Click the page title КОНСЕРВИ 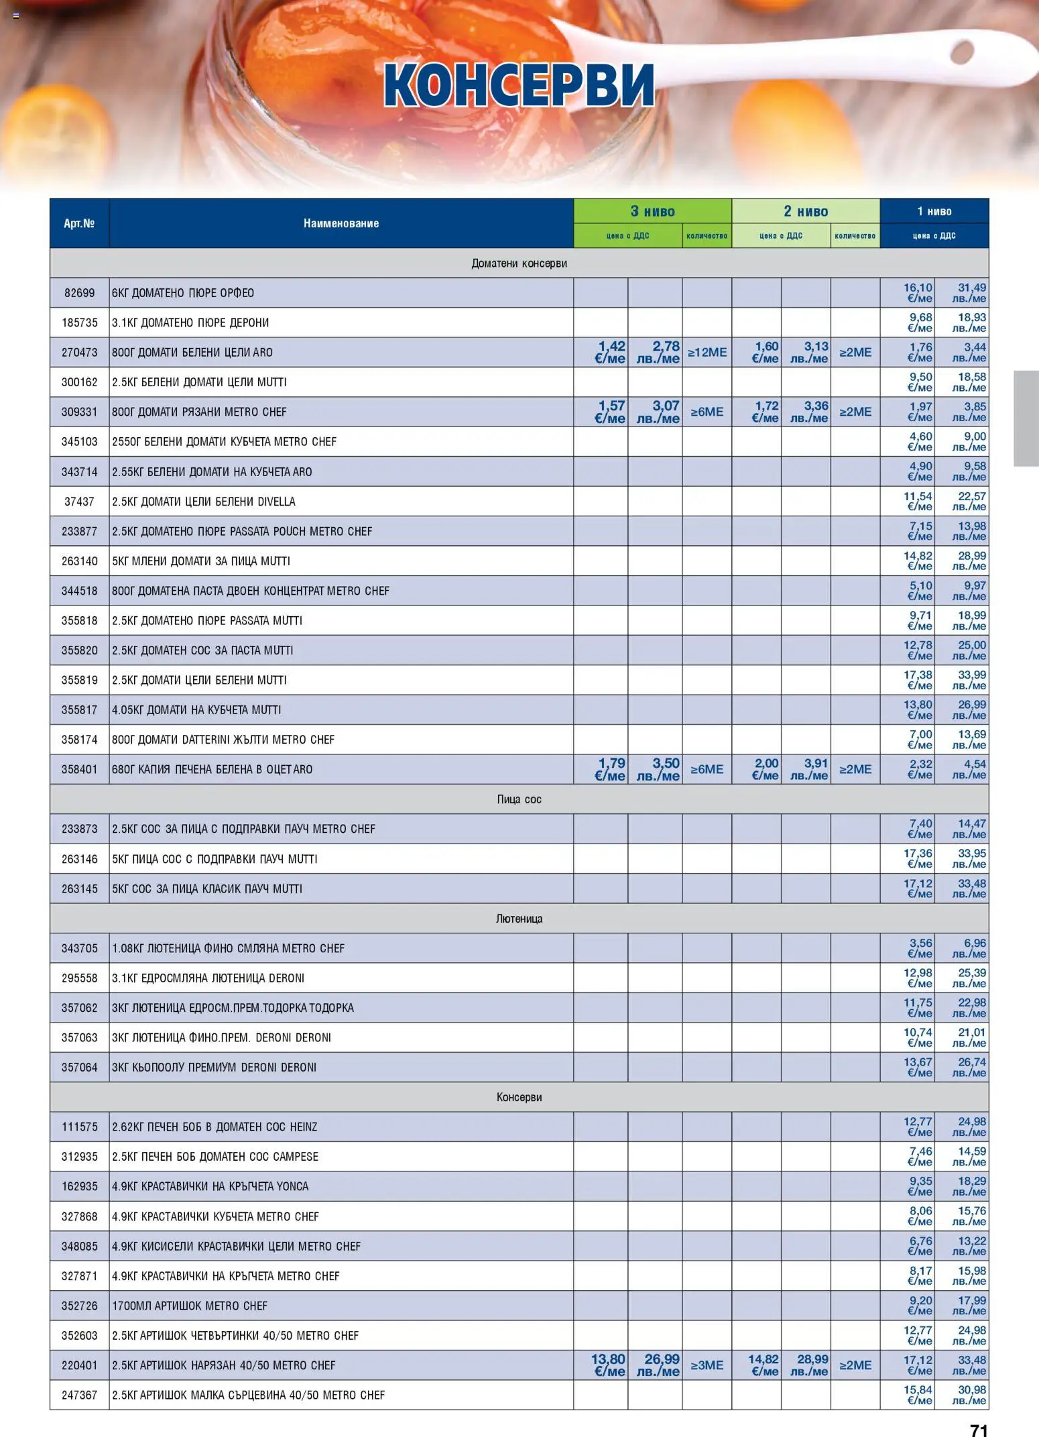pos(519,86)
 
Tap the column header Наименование pos(341,223)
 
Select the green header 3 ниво pos(652,211)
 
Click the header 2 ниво pos(805,211)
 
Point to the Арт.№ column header pos(79,223)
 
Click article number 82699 pos(79,293)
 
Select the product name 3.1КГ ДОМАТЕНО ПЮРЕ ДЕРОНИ pos(190,323)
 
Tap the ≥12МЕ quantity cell pos(707,352)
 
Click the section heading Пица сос pos(519,799)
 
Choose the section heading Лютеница pos(519,919)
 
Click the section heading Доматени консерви pos(519,264)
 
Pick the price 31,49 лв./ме pos(970,293)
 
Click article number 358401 pos(79,769)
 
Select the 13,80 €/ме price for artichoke pos(608,1365)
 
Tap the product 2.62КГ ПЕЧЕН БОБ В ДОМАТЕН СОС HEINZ pos(215,1127)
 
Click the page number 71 pos(979,1430)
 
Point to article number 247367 pos(79,1395)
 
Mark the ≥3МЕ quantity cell pos(707,1365)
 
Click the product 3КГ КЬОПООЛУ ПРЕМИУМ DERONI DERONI pos(214,1068)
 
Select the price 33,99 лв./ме pos(970,680)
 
